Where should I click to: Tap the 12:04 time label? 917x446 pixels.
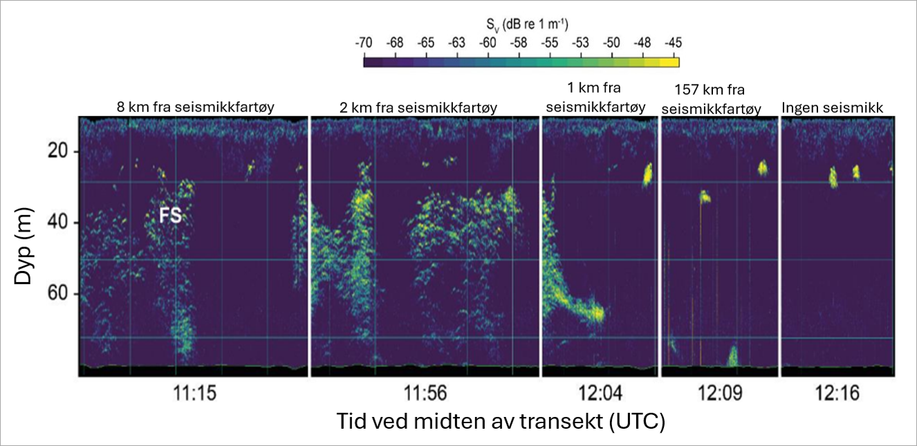[x=599, y=394]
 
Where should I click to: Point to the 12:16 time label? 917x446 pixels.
[x=837, y=394]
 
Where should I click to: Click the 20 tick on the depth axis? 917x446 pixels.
[x=55, y=150]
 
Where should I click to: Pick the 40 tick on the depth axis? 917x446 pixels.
[x=55, y=222]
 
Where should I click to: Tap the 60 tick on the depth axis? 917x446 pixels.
[x=55, y=295]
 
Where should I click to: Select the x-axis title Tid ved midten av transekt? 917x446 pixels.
[x=500, y=421]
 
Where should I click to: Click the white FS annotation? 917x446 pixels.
[x=171, y=216]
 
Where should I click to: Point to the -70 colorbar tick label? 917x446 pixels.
[x=363, y=43]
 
